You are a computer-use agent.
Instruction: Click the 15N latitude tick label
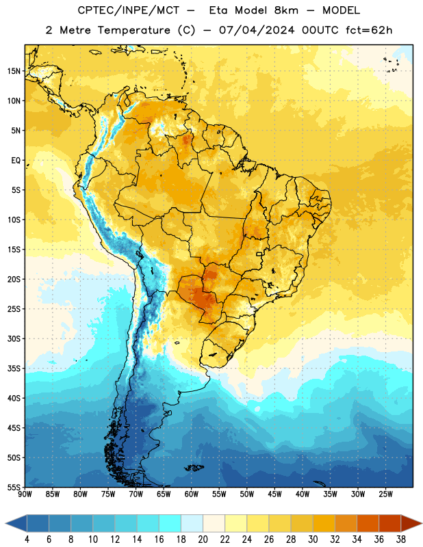pyautogui.click(x=14, y=71)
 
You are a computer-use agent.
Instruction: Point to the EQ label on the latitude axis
pyautogui.click(x=16, y=161)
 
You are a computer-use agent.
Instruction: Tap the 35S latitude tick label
pyautogui.click(x=14, y=369)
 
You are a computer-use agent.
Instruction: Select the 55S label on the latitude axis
pyautogui.click(x=14, y=488)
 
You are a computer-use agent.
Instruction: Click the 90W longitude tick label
pyautogui.click(x=25, y=494)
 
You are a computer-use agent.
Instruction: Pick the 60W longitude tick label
pyautogui.click(x=192, y=494)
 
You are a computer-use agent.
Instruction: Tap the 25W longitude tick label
pyautogui.click(x=385, y=494)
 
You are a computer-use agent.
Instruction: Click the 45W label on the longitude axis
pyautogui.click(x=274, y=494)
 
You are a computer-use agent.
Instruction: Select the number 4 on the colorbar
pyautogui.click(x=27, y=539)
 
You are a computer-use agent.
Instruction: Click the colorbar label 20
pyautogui.click(x=203, y=539)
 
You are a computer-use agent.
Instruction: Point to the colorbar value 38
pyautogui.click(x=401, y=539)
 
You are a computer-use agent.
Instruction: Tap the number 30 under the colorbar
pyautogui.click(x=313, y=539)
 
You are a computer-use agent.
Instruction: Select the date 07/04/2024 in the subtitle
pyautogui.click(x=257, y=30)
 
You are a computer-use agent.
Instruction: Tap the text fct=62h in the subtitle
pyautogui.click(x=369, y=30)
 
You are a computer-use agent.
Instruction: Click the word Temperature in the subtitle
pyautogui.click(x=133, y=30)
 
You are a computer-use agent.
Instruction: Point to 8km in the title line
pyautogui.click(x=286, y=10)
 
